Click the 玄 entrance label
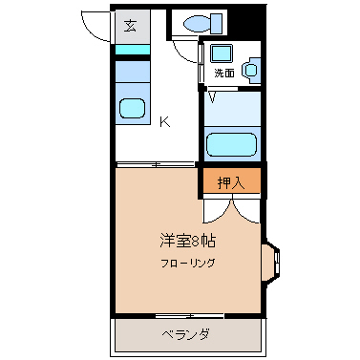(129, 25)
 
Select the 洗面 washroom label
(223, 73)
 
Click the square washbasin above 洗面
(222, 53)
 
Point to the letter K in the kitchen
(164, 121)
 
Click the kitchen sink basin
(131, 108)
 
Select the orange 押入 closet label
(230, 180)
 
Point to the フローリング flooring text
(187, 263)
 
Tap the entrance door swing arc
(96, 24)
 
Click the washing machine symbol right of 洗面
(252, 69)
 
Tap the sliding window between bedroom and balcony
(188, 314)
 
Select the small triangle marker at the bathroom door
(212, 95)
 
